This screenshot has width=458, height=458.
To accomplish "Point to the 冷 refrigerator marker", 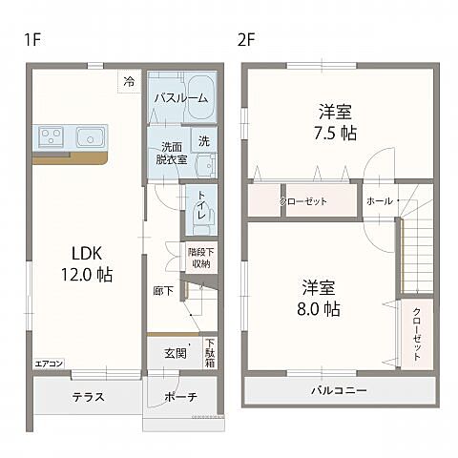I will (x=129, y=83).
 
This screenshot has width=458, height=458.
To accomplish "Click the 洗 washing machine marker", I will (x=203, y=141).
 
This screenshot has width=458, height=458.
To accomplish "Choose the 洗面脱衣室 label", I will (x=171, y=154).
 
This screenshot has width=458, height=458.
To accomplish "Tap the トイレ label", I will (x=203, y=210).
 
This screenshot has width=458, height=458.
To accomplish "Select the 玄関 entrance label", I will (x=175, y=352).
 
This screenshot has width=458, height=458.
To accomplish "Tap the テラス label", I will (x=87, y=397).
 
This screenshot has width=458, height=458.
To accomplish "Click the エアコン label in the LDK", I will (x=49, y=364).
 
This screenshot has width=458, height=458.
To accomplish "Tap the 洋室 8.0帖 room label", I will (x=322, y=298).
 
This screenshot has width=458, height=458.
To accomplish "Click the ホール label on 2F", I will (x=379, y=202).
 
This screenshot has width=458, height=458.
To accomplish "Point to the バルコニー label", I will (x=338, y=391).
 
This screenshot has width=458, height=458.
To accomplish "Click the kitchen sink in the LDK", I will (x=92, y=136).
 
